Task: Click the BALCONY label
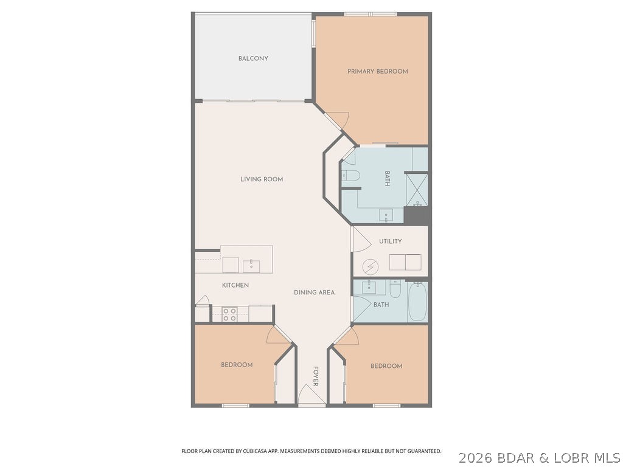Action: pos(253,58)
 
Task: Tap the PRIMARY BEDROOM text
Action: pos(377,71)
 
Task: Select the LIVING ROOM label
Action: pos(262,179)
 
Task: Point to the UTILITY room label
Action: pos(390,241)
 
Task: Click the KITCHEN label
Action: pos(235,285)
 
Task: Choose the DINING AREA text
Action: pos(314,292)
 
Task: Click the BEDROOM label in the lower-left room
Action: pos(236,365)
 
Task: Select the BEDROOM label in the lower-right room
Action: pos(386,366)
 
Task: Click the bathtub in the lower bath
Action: pos(417,302)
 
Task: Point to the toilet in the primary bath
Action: pos(351,177)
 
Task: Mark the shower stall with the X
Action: pos(417,189)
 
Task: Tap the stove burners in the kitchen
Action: pos(229,314)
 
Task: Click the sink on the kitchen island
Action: pos(251,266)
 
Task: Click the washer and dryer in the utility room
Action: pos(405,262)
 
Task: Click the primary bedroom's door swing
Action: pos(341,120)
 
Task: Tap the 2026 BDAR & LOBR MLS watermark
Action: pos(539,457)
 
